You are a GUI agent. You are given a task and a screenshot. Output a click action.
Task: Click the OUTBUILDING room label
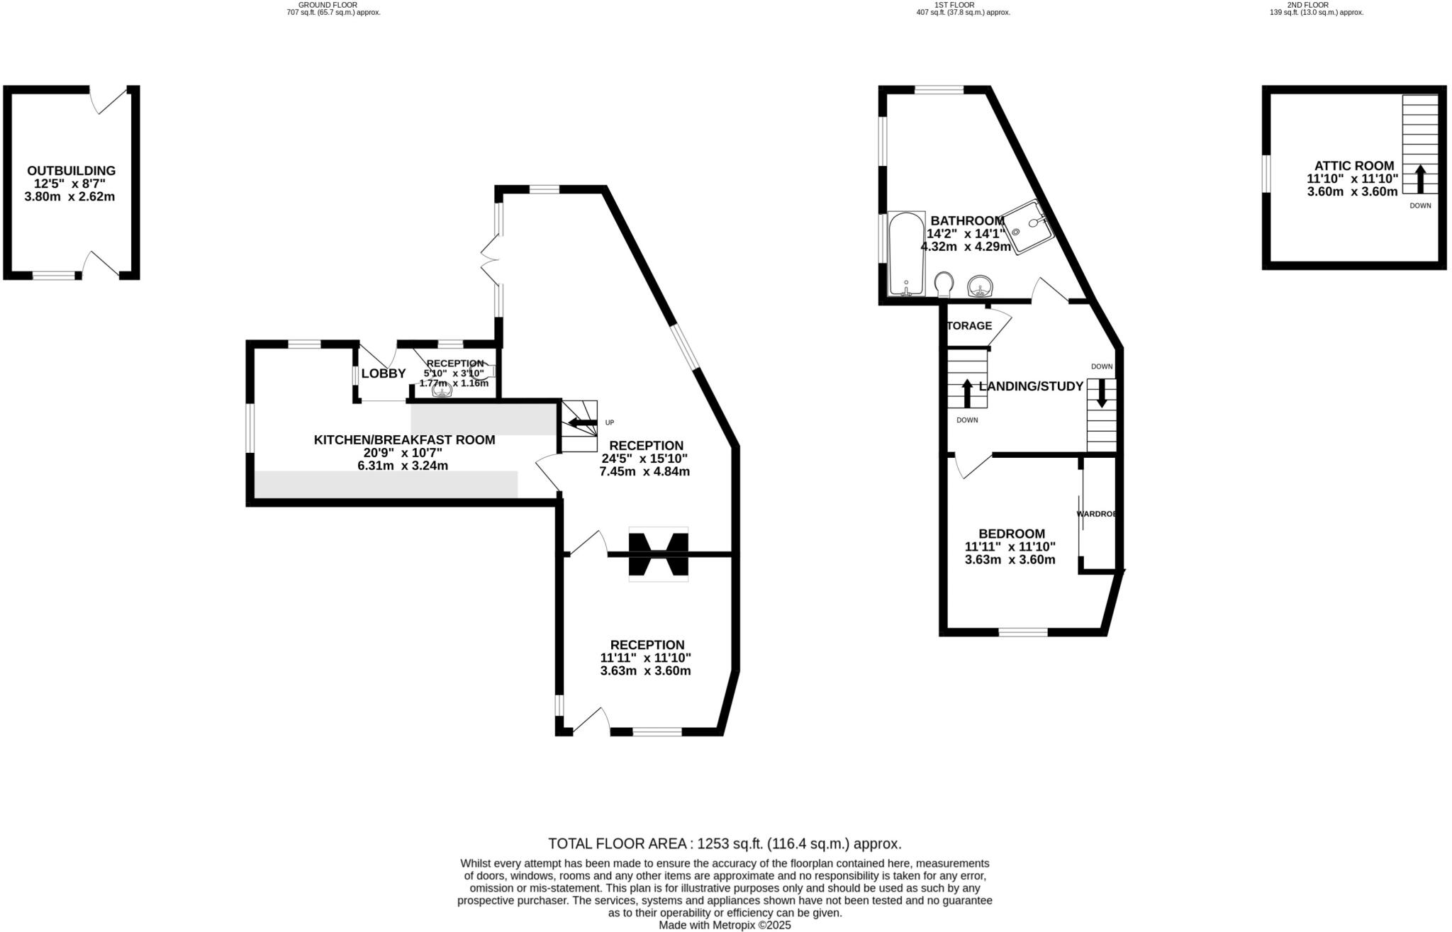[71, 171]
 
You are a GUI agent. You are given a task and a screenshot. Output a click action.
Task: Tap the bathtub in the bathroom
[906, 254]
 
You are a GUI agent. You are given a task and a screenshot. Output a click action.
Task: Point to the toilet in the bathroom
[944, 285]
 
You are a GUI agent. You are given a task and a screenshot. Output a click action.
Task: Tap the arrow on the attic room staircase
[1420, 179]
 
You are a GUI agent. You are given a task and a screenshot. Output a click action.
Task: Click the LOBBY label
[383, 374]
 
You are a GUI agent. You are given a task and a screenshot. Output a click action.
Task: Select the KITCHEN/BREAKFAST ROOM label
[404, 440]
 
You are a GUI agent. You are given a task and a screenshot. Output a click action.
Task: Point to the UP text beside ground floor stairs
[610, 422]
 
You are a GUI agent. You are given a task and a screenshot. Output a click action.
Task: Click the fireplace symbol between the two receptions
[658, 554]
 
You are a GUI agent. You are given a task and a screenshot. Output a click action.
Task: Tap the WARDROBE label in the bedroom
[1096, 514]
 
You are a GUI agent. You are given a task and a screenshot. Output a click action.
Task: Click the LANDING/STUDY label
[1031, 386]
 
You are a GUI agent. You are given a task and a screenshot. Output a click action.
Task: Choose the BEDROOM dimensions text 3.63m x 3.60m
[1010, 559]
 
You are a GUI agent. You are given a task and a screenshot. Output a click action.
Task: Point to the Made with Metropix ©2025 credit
[725, 925]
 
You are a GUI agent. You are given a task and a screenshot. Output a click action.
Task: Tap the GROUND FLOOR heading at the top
[328, 4]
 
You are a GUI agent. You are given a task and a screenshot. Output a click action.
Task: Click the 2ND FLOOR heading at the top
[1307, 4]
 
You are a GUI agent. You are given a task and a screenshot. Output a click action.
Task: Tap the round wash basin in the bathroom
[981, 286]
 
